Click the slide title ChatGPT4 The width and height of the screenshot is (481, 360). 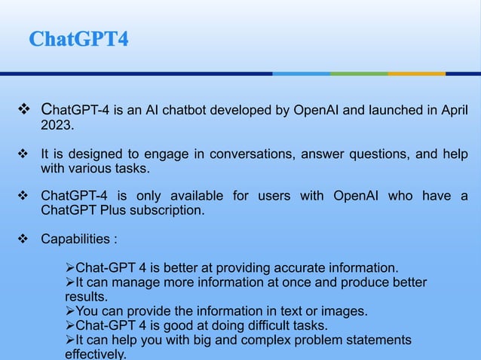click(x=78, y=38)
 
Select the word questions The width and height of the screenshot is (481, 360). click(x=363, y=154)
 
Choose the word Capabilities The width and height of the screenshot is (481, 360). click(x=75, y=239)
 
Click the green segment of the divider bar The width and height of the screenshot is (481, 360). click(x=359, y=74)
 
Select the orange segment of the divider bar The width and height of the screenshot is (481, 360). click(x=417, y=74)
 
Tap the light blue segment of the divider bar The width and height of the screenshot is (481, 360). click(x=302, y=74)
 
